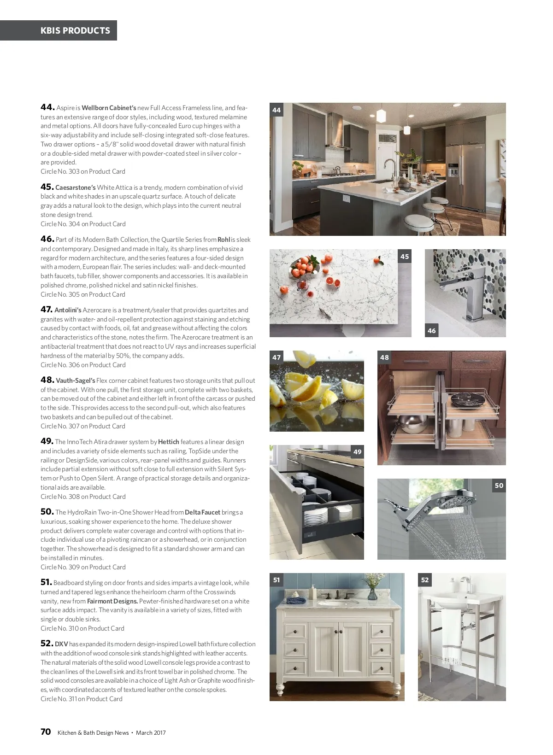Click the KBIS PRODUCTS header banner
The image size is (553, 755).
(75, 30)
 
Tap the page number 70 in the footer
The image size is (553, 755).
(46, 732)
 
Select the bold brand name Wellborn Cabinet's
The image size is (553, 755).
(109, 108)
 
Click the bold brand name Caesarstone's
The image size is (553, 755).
(76, 187)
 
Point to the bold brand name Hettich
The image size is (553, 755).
(168, 442)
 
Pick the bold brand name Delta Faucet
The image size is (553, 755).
(202, 512)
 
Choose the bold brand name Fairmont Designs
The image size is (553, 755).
(112, 601)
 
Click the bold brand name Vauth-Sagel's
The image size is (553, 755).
(76, 380)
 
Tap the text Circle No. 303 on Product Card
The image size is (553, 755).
(83, 171)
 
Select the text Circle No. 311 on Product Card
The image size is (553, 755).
(82, 699)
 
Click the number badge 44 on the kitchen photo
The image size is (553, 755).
(276, 110)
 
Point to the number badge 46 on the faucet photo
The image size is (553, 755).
(431, 330)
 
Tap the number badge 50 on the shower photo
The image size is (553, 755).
(499, 486)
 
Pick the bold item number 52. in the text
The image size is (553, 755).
(47, 644)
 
